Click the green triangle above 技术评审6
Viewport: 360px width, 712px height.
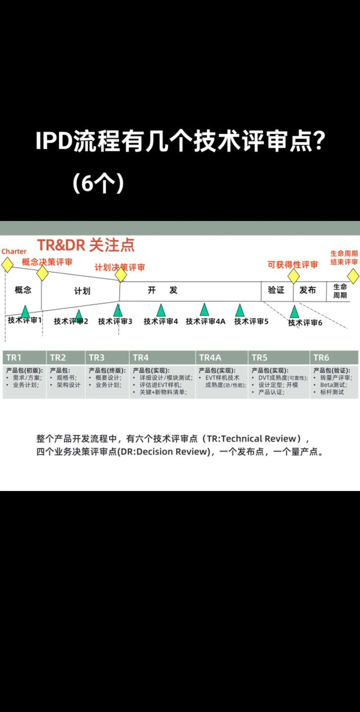pos(294,311)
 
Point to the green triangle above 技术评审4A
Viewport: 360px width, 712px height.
pos(205,310)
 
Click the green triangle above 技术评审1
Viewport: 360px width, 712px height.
pos(25,311)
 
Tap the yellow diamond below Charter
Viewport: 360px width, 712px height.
pos(7,265)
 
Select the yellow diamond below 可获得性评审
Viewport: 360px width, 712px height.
pos(294,276)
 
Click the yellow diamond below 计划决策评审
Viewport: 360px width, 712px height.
pos(121,275)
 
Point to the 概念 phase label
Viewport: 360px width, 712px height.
pos(23,290)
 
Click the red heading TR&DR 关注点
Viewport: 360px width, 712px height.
pos(85,245)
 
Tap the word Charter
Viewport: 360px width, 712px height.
pos(14,252)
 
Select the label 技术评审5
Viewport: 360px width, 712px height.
pos(251,322)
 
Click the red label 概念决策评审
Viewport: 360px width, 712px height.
pos(47,262)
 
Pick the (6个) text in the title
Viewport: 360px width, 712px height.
pos(98,183)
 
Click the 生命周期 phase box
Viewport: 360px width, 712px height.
pos(340,291)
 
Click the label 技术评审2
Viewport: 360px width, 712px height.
pos(71,322)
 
